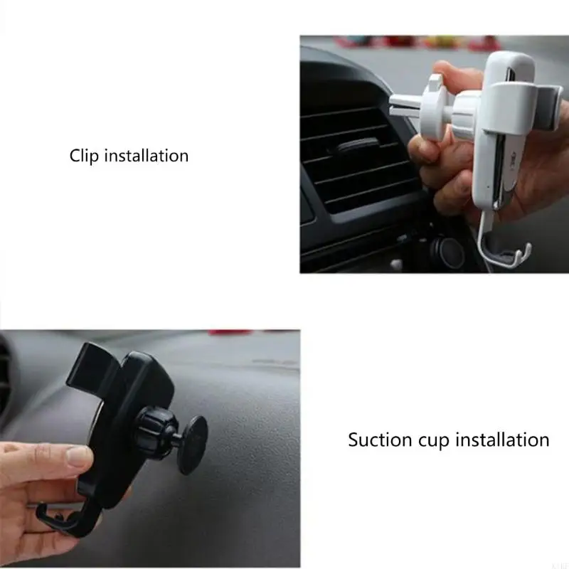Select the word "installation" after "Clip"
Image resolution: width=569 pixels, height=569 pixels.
click(x=147, y=155)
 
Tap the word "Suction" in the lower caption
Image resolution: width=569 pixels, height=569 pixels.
click(x=379, y=440)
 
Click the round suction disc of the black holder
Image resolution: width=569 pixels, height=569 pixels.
click(x=188, y=445)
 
